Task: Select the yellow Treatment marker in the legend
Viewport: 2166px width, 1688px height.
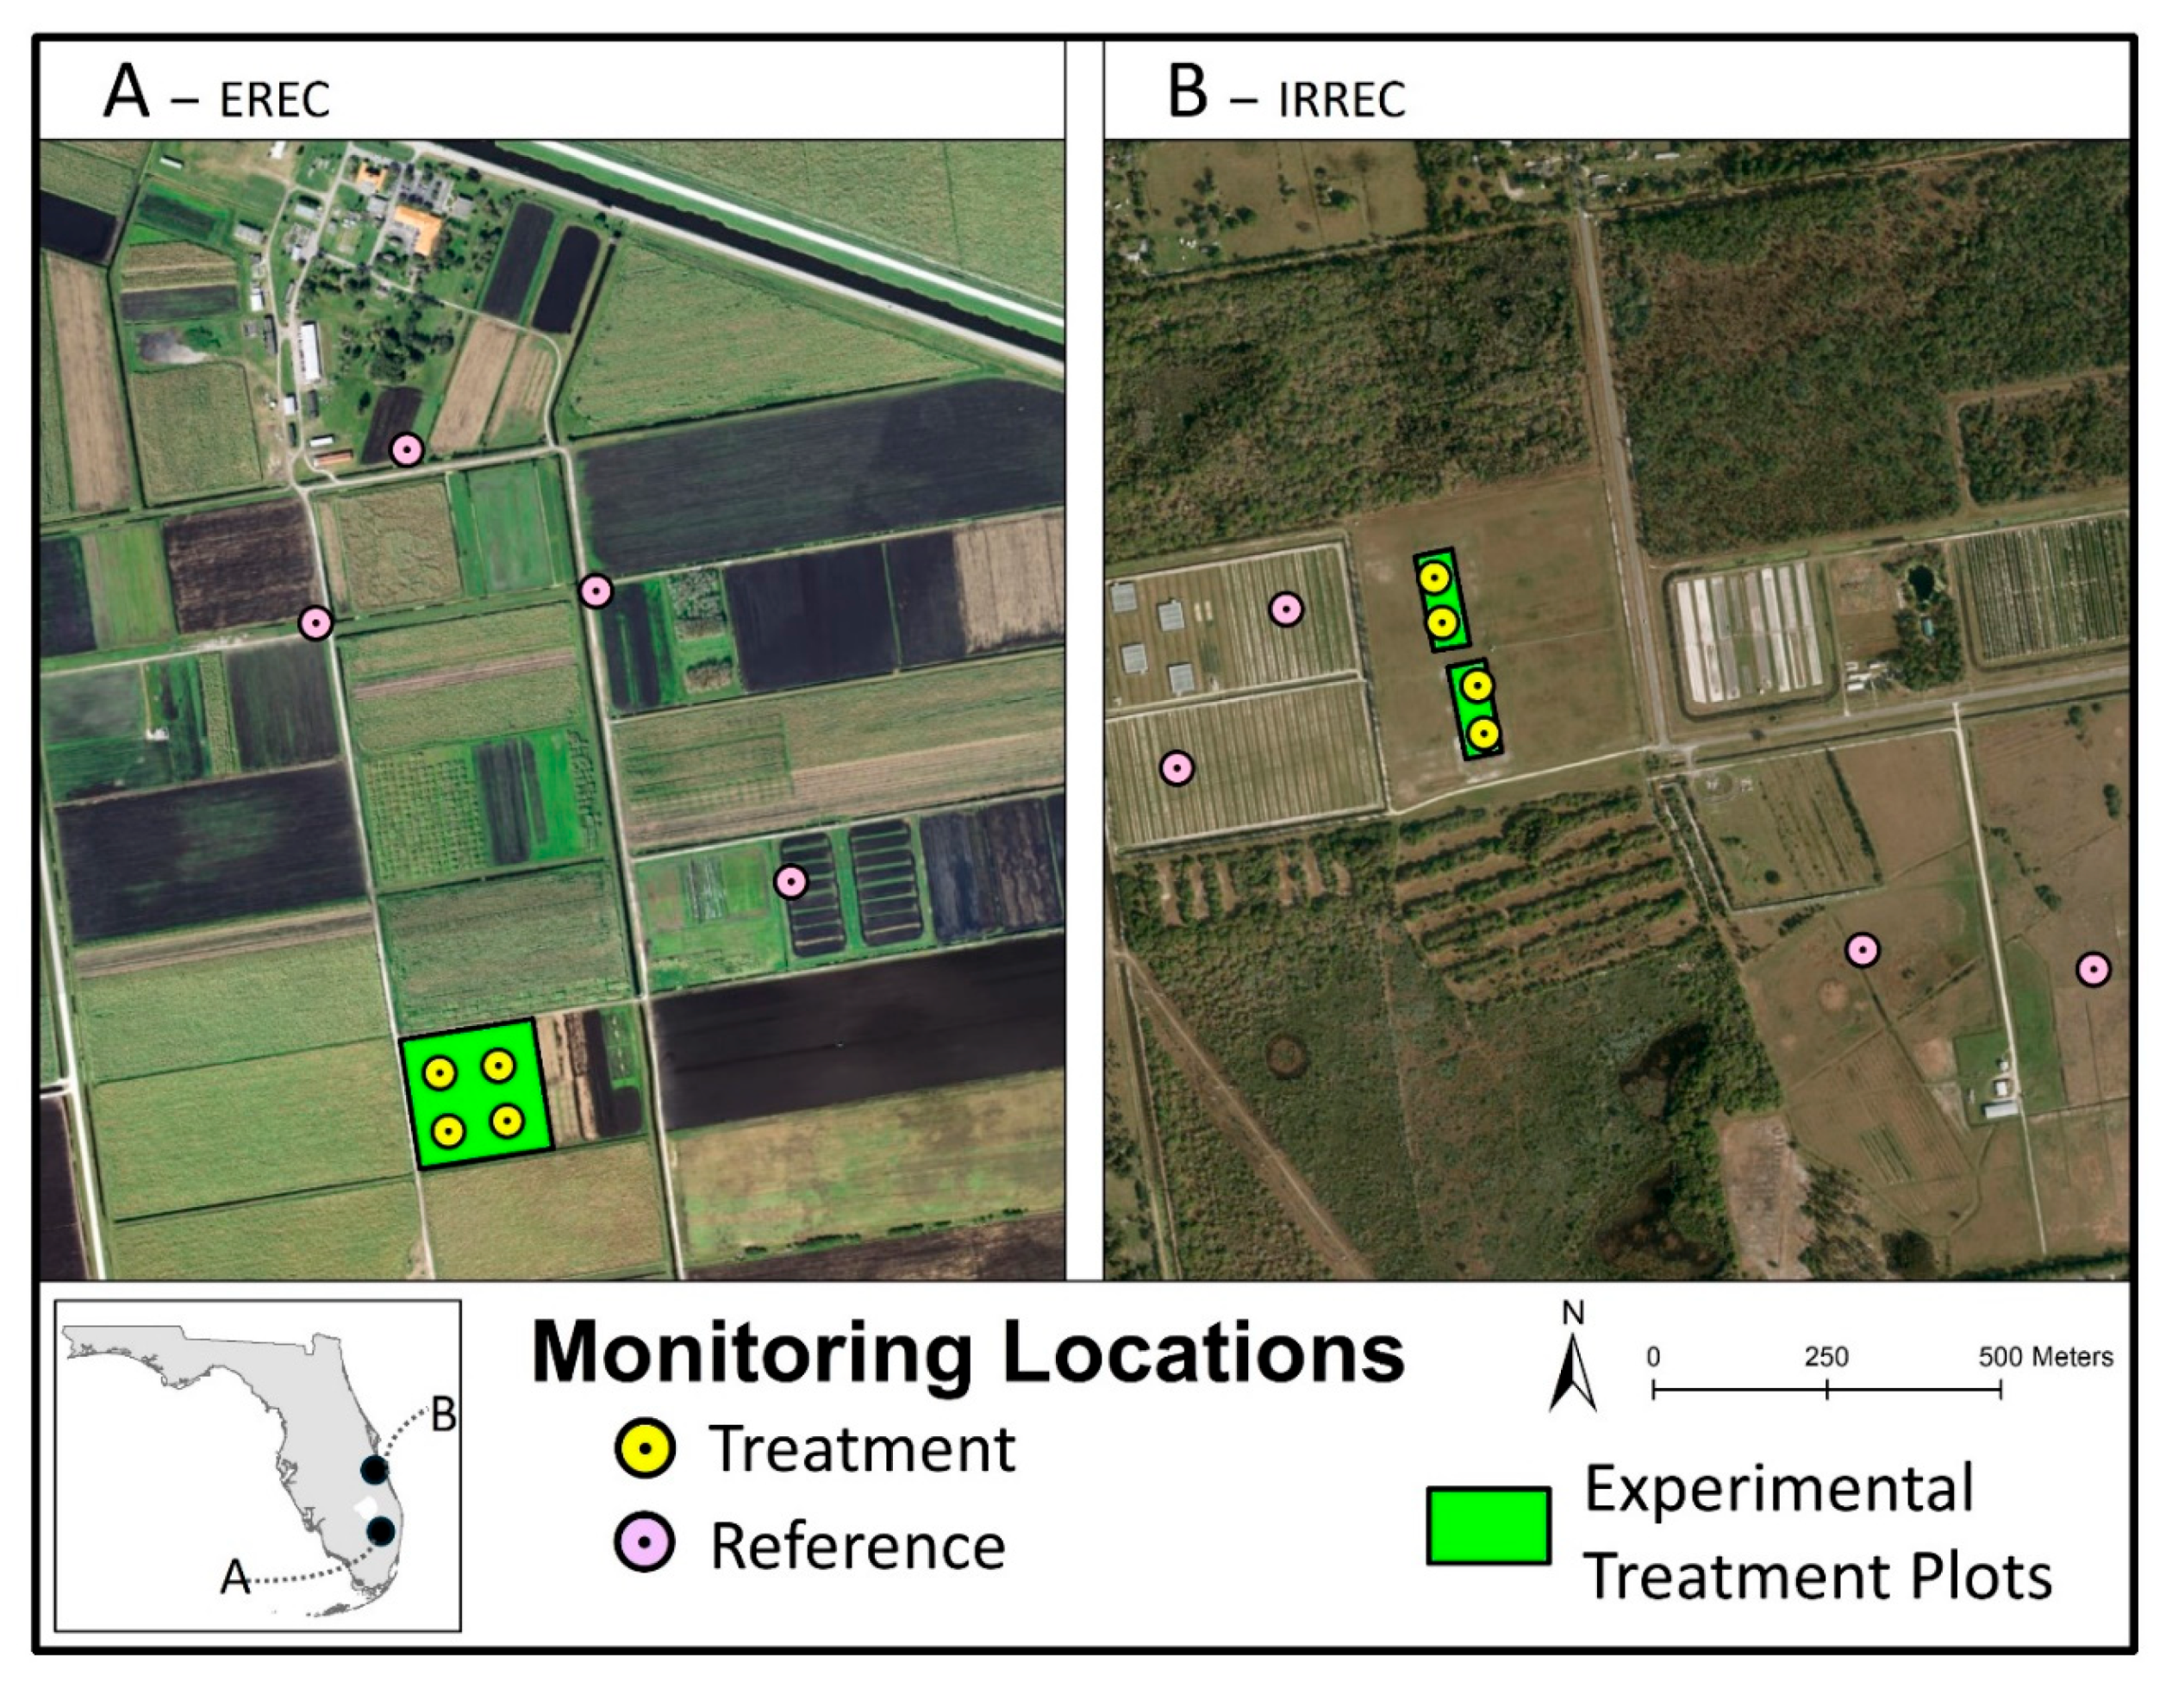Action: point(645,1449)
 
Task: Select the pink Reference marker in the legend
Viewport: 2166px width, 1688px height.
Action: point(645,1544)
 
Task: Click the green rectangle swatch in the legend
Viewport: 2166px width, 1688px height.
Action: point(1488,1525)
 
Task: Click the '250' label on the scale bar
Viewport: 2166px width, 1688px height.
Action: point(1826,1357)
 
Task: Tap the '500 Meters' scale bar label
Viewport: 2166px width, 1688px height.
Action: point(2045,1357)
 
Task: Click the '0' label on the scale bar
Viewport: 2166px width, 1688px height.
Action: point(1653,1357)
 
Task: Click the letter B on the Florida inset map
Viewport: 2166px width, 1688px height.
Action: point(443,1416)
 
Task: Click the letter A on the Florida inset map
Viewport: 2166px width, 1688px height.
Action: point(235,1577)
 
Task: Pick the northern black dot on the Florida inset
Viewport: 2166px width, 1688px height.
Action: point(374,1470)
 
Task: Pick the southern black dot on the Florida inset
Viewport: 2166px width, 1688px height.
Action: point(381,1531)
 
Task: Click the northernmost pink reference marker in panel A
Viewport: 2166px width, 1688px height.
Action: point(406,450)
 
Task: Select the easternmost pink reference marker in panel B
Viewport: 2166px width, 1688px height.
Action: point(2094,969)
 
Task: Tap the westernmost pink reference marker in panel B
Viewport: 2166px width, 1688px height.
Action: point(1177,767)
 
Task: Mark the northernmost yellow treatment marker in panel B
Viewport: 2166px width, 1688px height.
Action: point(1433,578)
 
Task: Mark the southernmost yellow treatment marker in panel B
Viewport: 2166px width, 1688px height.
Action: point(1482,734)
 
